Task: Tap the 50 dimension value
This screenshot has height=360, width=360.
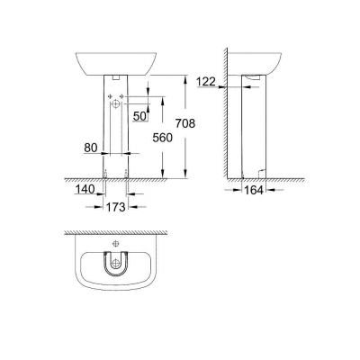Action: (x=139, y=115)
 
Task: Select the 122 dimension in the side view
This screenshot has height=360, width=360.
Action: (x=207, y=82)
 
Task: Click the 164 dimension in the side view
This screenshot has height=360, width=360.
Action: (x=255, y=192)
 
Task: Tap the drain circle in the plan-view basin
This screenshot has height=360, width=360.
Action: (x=115, y=267)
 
